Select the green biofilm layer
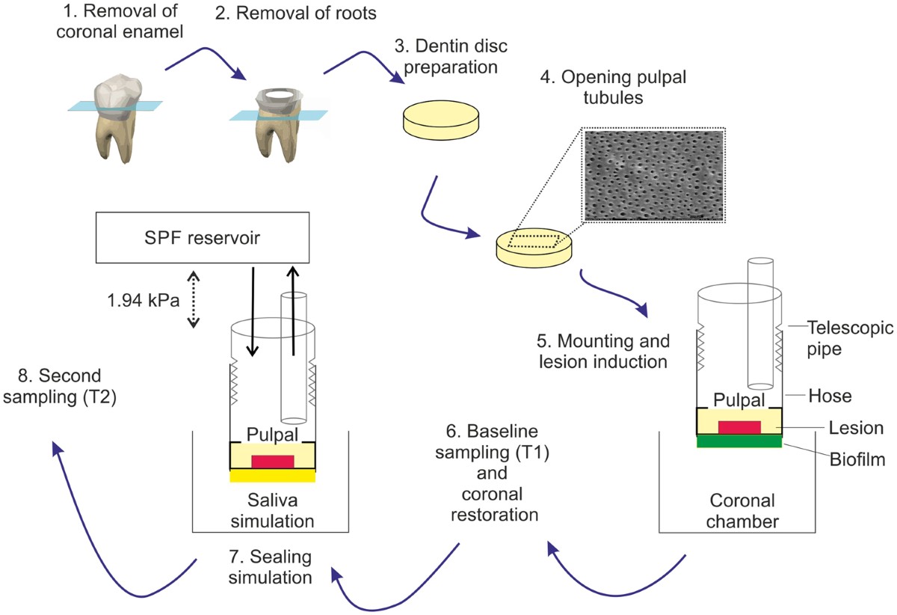pos(739,441)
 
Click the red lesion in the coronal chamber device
pos(739,427)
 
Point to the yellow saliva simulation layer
pos(273,475)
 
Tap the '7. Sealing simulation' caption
pos(269,567)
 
